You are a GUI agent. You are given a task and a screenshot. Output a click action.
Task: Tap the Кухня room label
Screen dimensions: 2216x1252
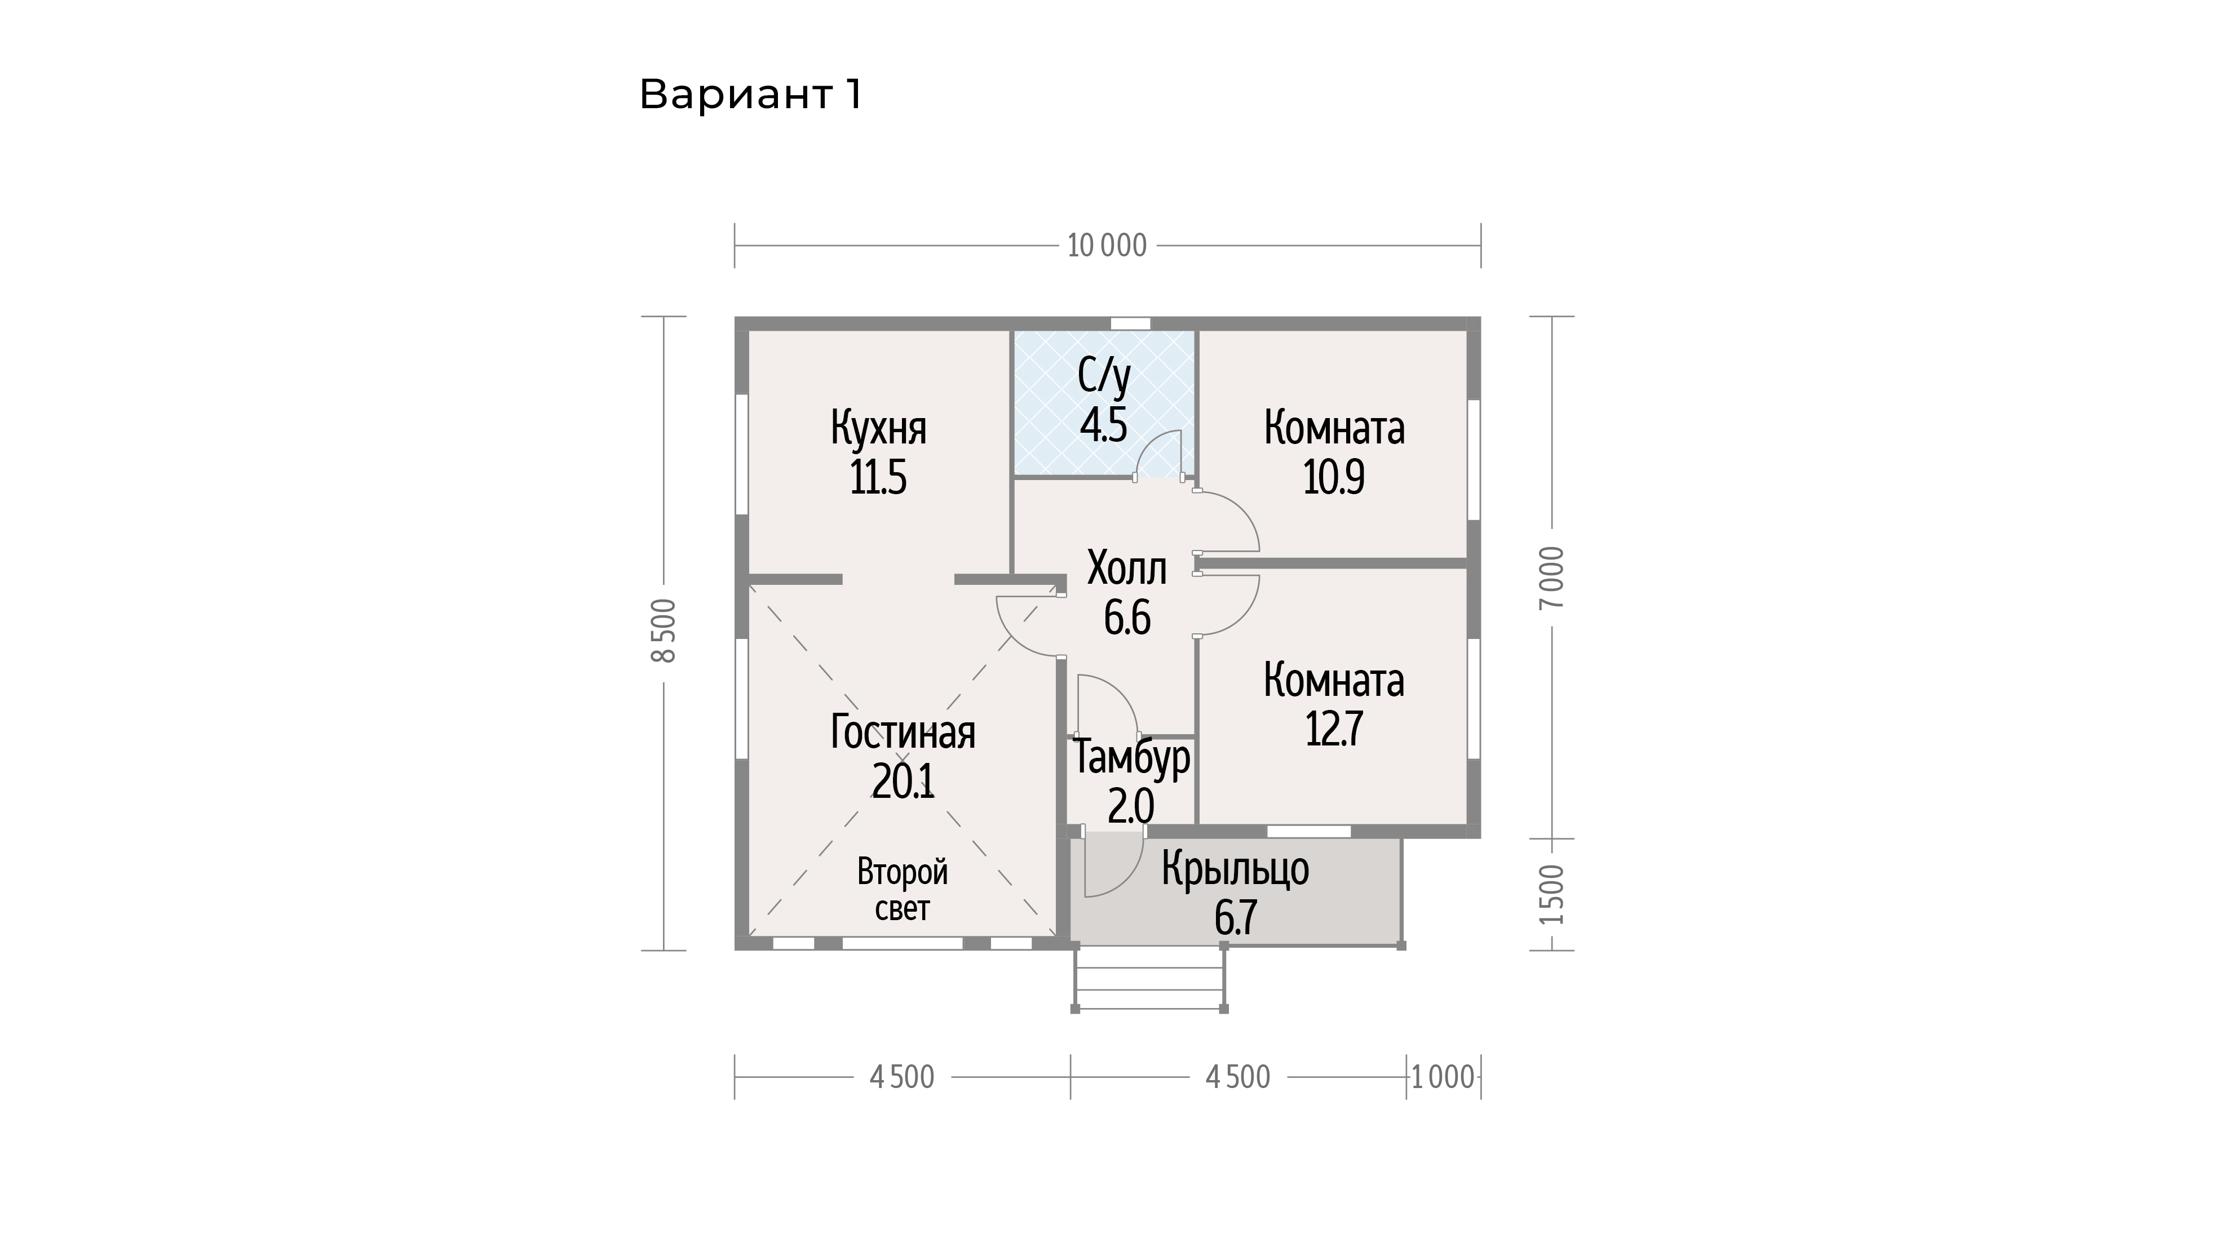878,428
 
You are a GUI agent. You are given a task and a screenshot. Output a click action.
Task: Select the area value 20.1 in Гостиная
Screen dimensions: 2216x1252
903,781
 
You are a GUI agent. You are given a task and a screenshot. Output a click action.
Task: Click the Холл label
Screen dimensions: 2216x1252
1127,569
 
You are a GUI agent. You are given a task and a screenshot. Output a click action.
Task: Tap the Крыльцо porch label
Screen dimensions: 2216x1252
1235,868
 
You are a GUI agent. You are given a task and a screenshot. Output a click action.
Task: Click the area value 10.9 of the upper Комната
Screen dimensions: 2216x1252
1333,477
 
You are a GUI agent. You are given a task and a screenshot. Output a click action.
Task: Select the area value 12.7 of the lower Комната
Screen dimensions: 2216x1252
1333,729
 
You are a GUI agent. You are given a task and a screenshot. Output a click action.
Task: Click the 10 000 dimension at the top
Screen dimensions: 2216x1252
1107,246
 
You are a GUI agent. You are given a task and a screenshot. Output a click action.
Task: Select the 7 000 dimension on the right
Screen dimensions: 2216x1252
1552,577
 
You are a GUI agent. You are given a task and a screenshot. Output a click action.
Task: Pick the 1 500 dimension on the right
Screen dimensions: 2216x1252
1552,894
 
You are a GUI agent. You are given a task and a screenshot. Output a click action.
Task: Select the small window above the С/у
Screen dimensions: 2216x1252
1130,324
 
